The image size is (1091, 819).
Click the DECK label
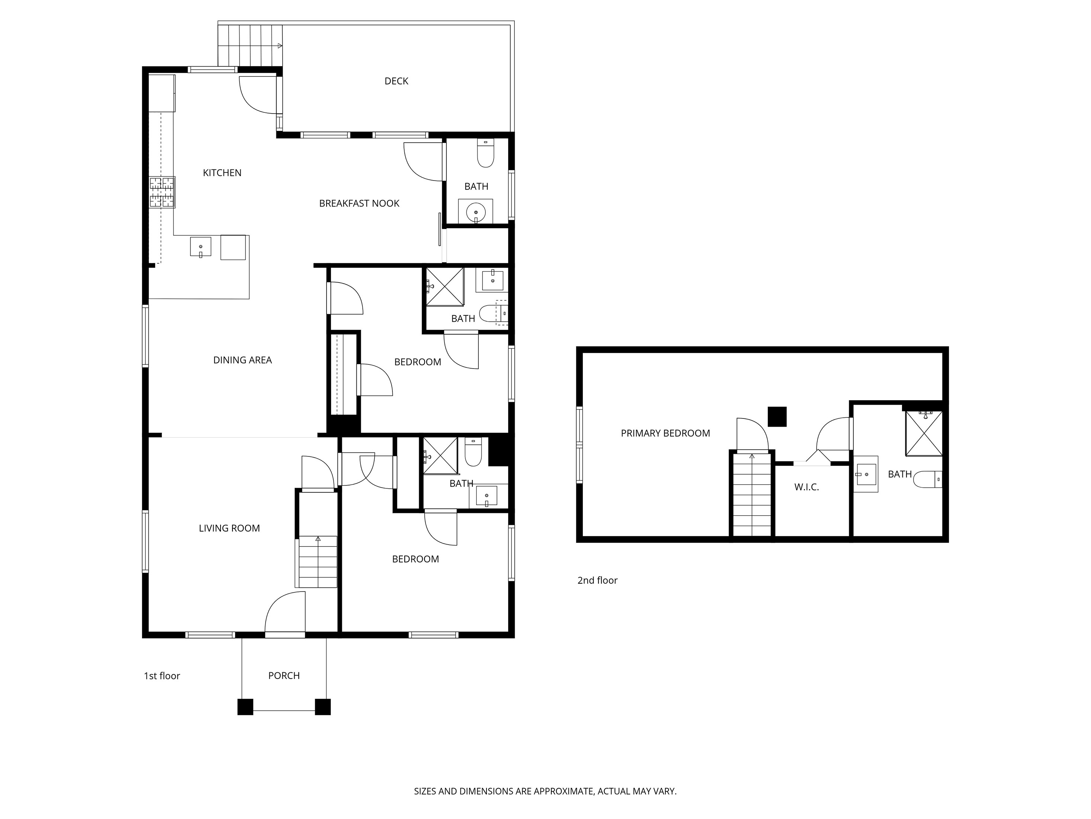pyautogui.click(x=396, y=81)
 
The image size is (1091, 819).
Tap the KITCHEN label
pyautogui.click(x=222, y=173)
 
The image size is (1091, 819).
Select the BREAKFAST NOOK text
pyautogui.click(x=359, y=203)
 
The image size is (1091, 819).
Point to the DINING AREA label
pyautogui.click(x=242, y=360)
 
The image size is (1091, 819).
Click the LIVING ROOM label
pyautogui.click(x=230, y=528)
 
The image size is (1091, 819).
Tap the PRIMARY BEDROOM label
pyautogui.click(x=665, y=433)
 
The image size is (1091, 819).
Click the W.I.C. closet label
pyautogui.click(x=806, y=487)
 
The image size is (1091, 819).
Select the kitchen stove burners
pyautogui.click(x=162, y=192)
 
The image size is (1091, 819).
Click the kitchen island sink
pyautogui.click(x=201, y=247)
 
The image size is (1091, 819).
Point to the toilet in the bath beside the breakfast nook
pyautogui.click(x=486, y=153)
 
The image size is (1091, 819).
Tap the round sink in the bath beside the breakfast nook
pyautogui.click(x=475, y=212)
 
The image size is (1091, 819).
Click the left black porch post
pyautogui.click(x=245, y=707)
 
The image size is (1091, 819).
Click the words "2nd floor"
pyautogui.click(x=597, y=580)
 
